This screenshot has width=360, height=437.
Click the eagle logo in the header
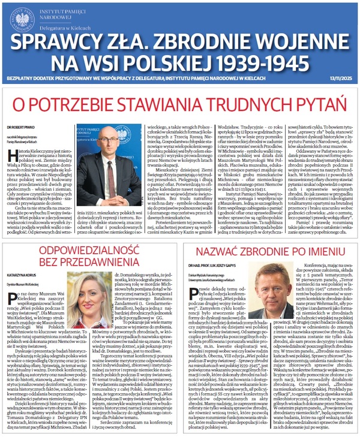(x=22, y=17)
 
